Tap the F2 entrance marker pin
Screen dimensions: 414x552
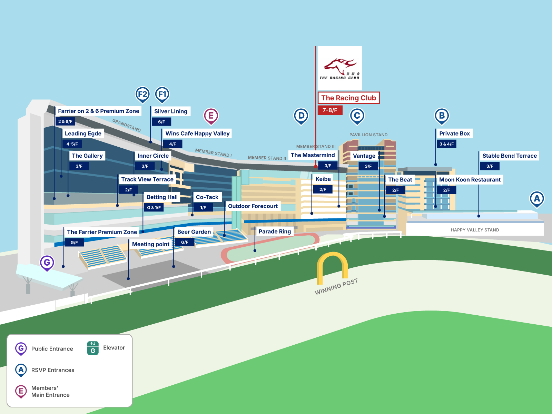(142, 94)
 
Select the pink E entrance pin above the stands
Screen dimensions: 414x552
(211, 116)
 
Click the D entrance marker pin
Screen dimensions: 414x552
(301, 116)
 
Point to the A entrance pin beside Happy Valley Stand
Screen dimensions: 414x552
(537, 199)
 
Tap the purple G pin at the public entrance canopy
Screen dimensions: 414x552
(47, 263)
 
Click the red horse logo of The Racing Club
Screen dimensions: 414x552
(340, 66)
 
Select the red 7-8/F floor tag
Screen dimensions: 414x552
(330, 110)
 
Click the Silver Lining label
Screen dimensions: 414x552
(171, 111)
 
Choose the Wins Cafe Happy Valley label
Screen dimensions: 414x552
(197, 134)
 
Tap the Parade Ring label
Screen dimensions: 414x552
(275, 231)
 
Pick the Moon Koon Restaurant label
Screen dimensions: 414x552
(470, 180)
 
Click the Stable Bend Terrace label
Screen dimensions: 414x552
(509, 156)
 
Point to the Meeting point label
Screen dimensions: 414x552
(151, 244)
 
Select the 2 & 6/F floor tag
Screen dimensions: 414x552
(65, 121)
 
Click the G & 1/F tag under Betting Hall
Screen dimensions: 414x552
(154, 208)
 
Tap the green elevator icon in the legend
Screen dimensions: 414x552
(93, 348)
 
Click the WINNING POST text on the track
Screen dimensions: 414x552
(336, 287)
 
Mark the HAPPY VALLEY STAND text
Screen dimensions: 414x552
(475, 230)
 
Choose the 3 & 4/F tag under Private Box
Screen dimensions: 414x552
(446, 144)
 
